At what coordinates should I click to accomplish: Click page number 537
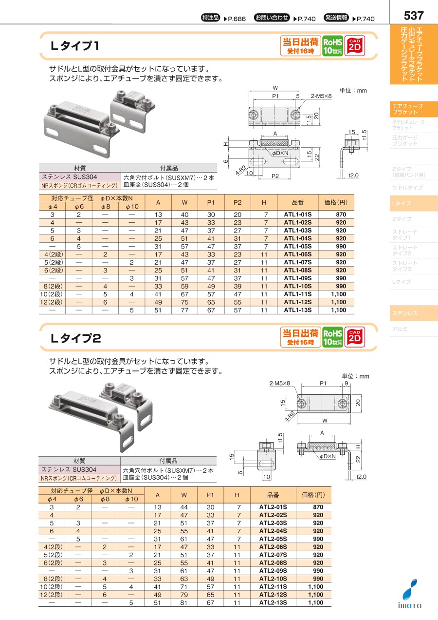413,16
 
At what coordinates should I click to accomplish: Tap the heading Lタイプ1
74,46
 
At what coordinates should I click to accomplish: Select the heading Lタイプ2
75,338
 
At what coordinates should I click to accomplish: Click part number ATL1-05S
298,246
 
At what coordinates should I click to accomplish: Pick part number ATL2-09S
273,571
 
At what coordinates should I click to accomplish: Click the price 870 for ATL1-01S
341,214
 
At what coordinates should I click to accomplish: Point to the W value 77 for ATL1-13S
184,310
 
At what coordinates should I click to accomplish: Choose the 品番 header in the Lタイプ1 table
298,203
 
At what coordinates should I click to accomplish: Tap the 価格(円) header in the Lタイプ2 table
313,495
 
